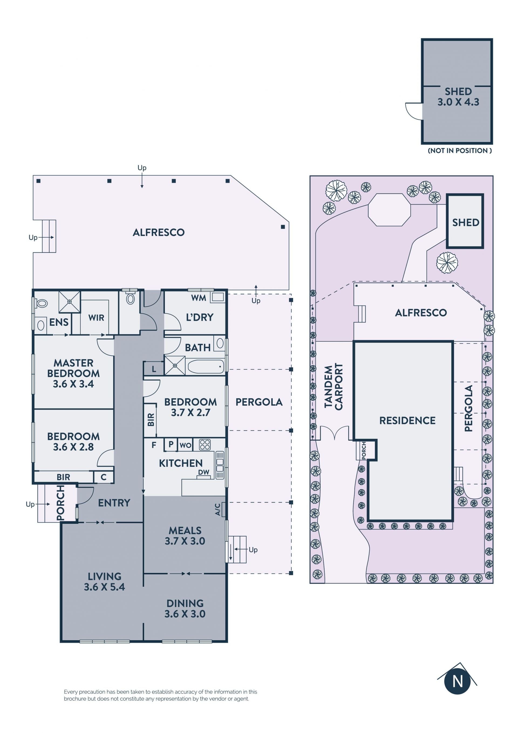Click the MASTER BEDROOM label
pos(73,373)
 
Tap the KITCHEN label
pos(181,463)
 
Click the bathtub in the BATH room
pos(206,366)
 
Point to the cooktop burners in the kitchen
pos(205,444)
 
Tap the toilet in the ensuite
pos(41,303)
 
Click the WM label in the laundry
pos(199,298)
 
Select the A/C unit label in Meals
pos(218,510)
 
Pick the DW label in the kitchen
pos(204,473)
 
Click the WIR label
pos(96,318)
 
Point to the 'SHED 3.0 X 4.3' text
pos(458,97)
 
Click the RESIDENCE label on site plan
pos(407,420)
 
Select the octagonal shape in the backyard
pos(389,210)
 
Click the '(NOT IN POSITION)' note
pos(460,151)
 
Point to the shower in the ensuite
pos(69,302)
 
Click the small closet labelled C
pos(103,477)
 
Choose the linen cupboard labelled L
pos(154,369)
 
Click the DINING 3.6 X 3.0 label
pos(185,609)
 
